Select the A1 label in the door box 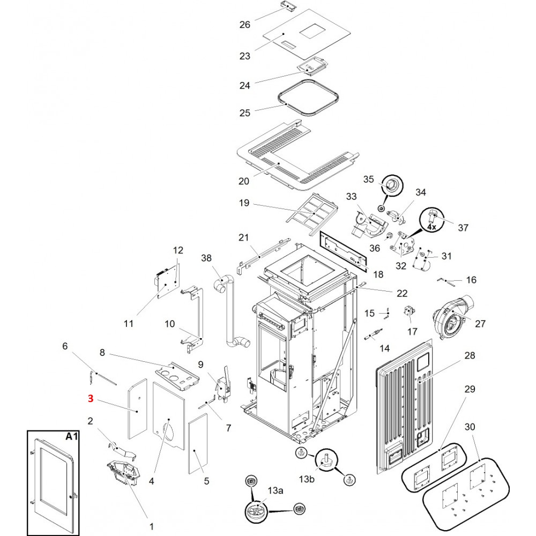click(x=72, y=437)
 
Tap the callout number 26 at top click(x=245, y=25)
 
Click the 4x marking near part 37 click(x=431, y=227)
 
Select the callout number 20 click(x=244, y=181)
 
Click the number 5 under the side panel click(x=206, y=481)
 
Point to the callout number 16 click(x=471, y=280)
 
